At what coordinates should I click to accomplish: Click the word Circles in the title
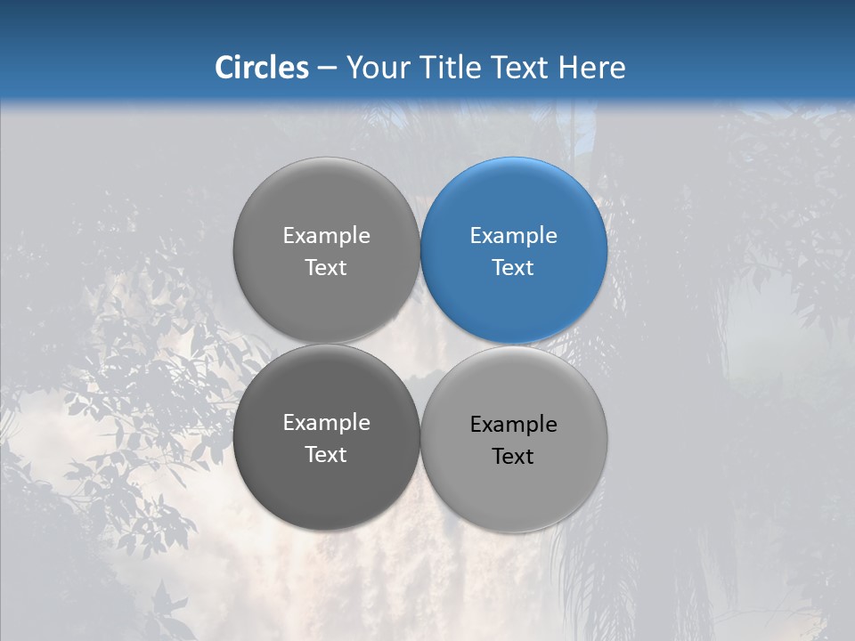(x=261, y=68)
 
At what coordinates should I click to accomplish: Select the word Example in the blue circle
(x=513, y=236)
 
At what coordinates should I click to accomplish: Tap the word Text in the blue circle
(x=513, y=267)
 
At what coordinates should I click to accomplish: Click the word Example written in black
(x=513, y=425)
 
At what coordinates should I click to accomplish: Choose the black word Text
(x=513, y=457)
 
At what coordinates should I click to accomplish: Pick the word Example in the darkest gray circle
(x=326, y=423)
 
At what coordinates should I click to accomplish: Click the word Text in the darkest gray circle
(x=326, y=455)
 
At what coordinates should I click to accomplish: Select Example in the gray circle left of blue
(x=326, y=236)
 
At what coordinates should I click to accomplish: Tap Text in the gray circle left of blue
(x=326, y=267)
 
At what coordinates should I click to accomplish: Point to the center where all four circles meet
(x=420, y=345)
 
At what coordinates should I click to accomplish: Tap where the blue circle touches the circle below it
(x=514, y=345)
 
